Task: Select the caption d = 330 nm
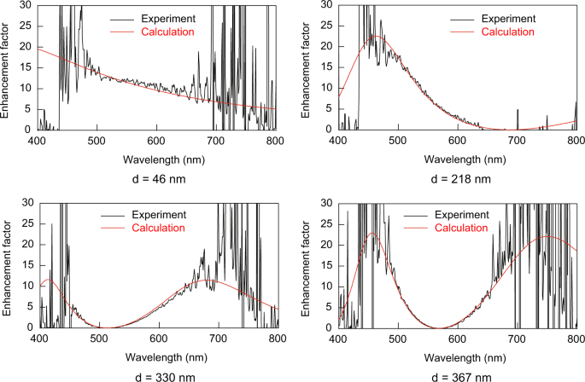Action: click(157, 376)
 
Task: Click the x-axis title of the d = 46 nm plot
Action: click(156, 157)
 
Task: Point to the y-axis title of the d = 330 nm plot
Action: click(7, 264)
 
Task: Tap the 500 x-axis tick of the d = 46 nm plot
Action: click(97, 140)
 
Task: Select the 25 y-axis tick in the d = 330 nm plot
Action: click(26, 223)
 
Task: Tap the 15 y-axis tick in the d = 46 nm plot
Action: click(26, 67)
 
